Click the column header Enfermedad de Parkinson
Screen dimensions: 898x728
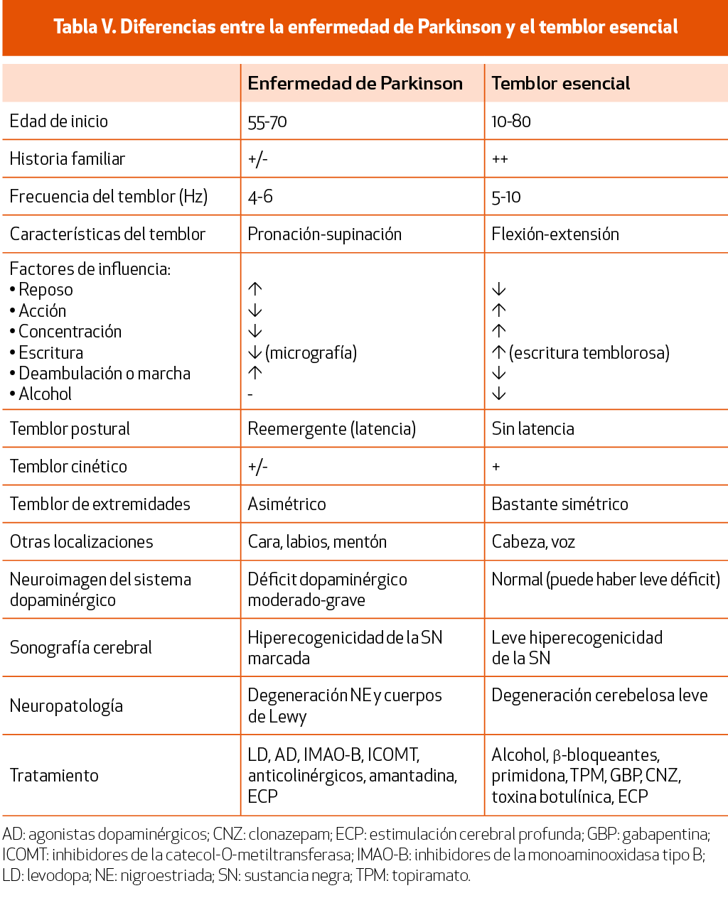coord(355,83)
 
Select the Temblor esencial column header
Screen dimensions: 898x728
coord(560,83)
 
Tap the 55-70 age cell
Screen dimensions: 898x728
coord(267,121)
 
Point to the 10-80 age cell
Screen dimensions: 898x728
coord(511,121)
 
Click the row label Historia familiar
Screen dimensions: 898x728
coord(68,159)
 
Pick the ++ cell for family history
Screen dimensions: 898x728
coord(500,159)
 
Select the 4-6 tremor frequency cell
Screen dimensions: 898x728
coord(260,197)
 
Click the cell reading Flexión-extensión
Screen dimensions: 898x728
coord(555,234)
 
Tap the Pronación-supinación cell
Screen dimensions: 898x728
coord(324,234)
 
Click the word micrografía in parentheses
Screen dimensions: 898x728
coord(311,352)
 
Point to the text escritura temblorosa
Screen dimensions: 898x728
coord(589,352)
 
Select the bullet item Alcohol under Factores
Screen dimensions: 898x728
coord(45,394)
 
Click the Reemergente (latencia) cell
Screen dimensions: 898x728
coord(331,429)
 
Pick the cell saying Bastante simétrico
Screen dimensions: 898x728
coord(560,504)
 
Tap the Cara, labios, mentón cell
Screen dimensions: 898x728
coord(317,542)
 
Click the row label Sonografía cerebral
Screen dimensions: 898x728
coord(80,648)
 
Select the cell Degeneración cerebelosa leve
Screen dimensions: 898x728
coord(599,696)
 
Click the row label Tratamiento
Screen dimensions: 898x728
coord(54,776)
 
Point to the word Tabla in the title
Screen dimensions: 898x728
coord(75,27)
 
